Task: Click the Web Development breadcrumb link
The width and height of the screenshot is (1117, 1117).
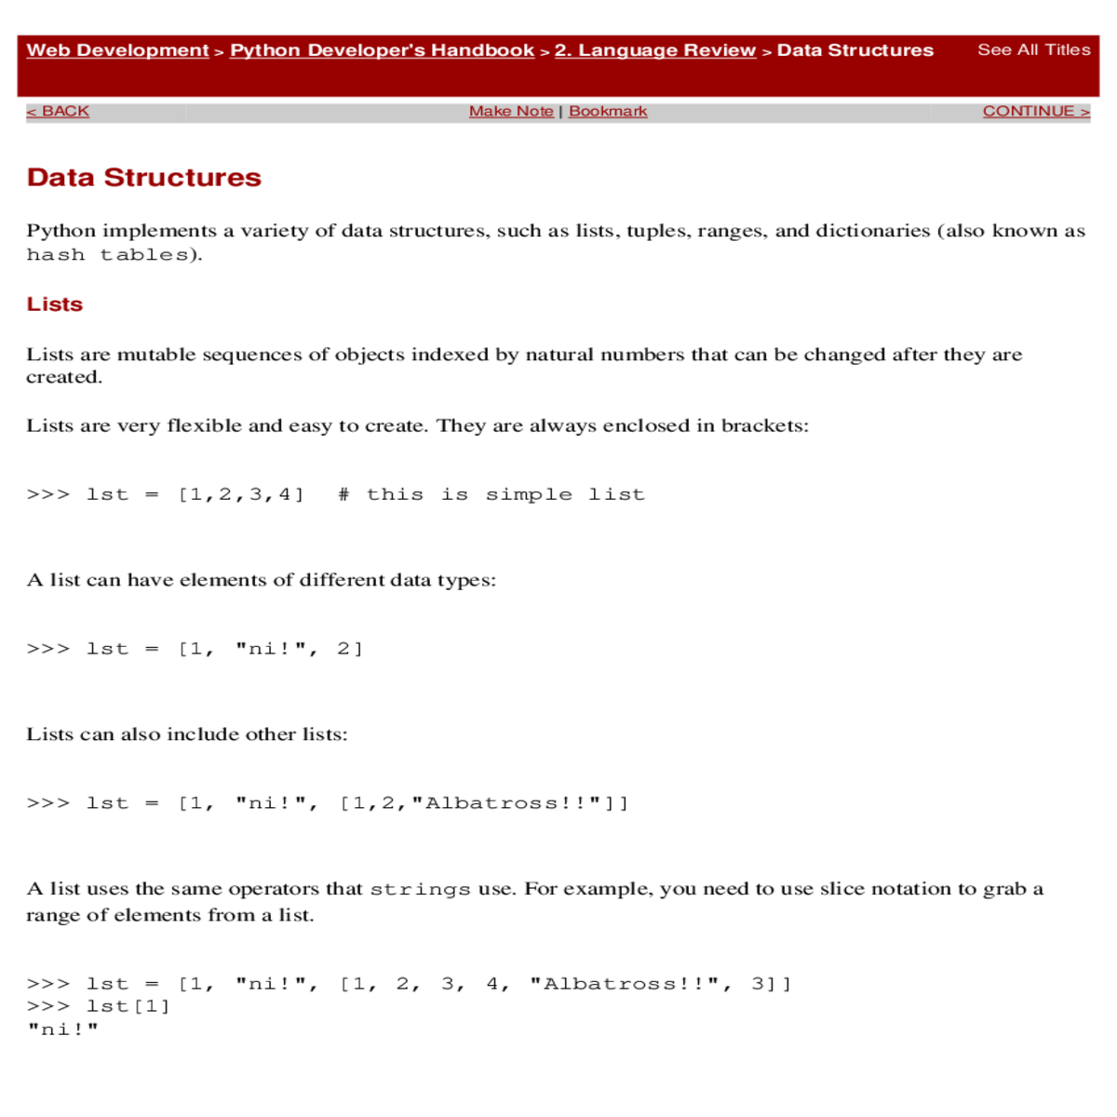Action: click(117, 50)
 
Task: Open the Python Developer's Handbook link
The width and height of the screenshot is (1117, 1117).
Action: click(382, 50)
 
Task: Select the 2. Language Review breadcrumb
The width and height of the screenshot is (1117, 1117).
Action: click(655, 50)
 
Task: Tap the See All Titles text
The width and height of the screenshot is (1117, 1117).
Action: click(1033, 50)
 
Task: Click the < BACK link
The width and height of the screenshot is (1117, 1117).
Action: click(58, 111)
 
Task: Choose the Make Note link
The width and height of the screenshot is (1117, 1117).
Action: click(511, 111)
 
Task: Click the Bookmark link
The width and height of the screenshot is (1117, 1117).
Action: click(608, 111)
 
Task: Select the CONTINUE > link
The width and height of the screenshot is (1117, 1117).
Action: click(1035, 111)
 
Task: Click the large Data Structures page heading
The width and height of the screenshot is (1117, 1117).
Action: click(144, 178)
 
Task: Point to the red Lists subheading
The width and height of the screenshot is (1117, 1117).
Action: click(55, 304)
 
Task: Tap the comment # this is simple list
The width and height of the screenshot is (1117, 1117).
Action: click(491, 494)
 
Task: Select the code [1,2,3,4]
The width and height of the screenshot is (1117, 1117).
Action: click(241, 494)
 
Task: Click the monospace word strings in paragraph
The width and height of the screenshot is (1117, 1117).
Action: click(420, 890)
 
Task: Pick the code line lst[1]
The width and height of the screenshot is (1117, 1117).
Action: click(128, 1006)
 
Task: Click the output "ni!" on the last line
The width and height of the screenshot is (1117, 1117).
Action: click(63, 1030)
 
